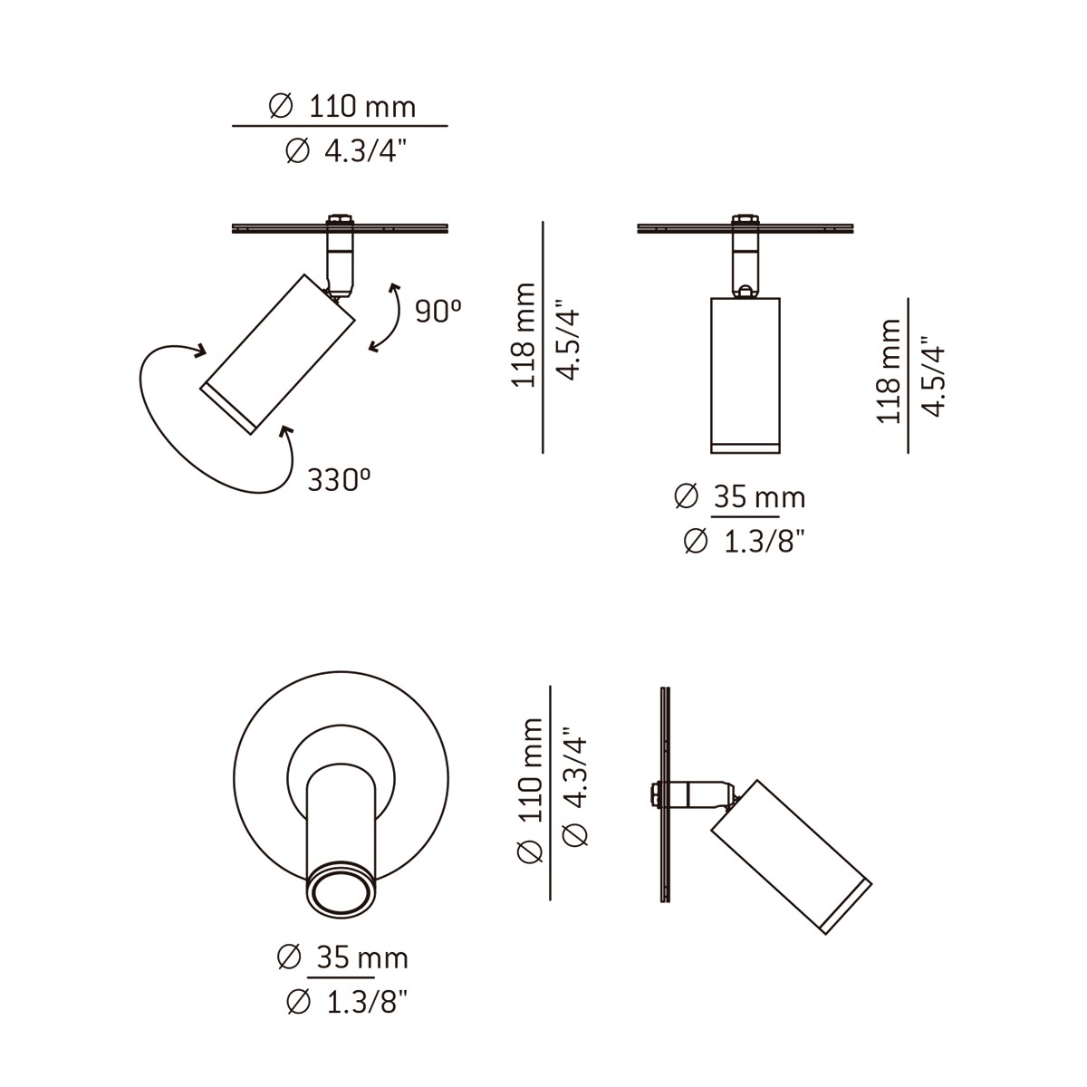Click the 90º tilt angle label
pyautogui.click(x=438, y=312)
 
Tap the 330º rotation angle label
pyautogui.click(x=340, y=479)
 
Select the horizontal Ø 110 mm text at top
pyautogui.click(x=342, y=107)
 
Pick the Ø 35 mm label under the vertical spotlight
pyautogui.click(x=740, y=497)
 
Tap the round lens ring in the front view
pyautogui.click(x=341, y=892)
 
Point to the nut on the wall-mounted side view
pyautogui.click(x=654, y=795)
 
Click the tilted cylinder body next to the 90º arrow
pyautogui.click(x=276, y=353)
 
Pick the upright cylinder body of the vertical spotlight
pyautogui.click(x=744, y=371)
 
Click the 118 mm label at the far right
pyautogui.click(x=890, y=371)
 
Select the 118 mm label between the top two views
pyautogui.click(x=524, y=335)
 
